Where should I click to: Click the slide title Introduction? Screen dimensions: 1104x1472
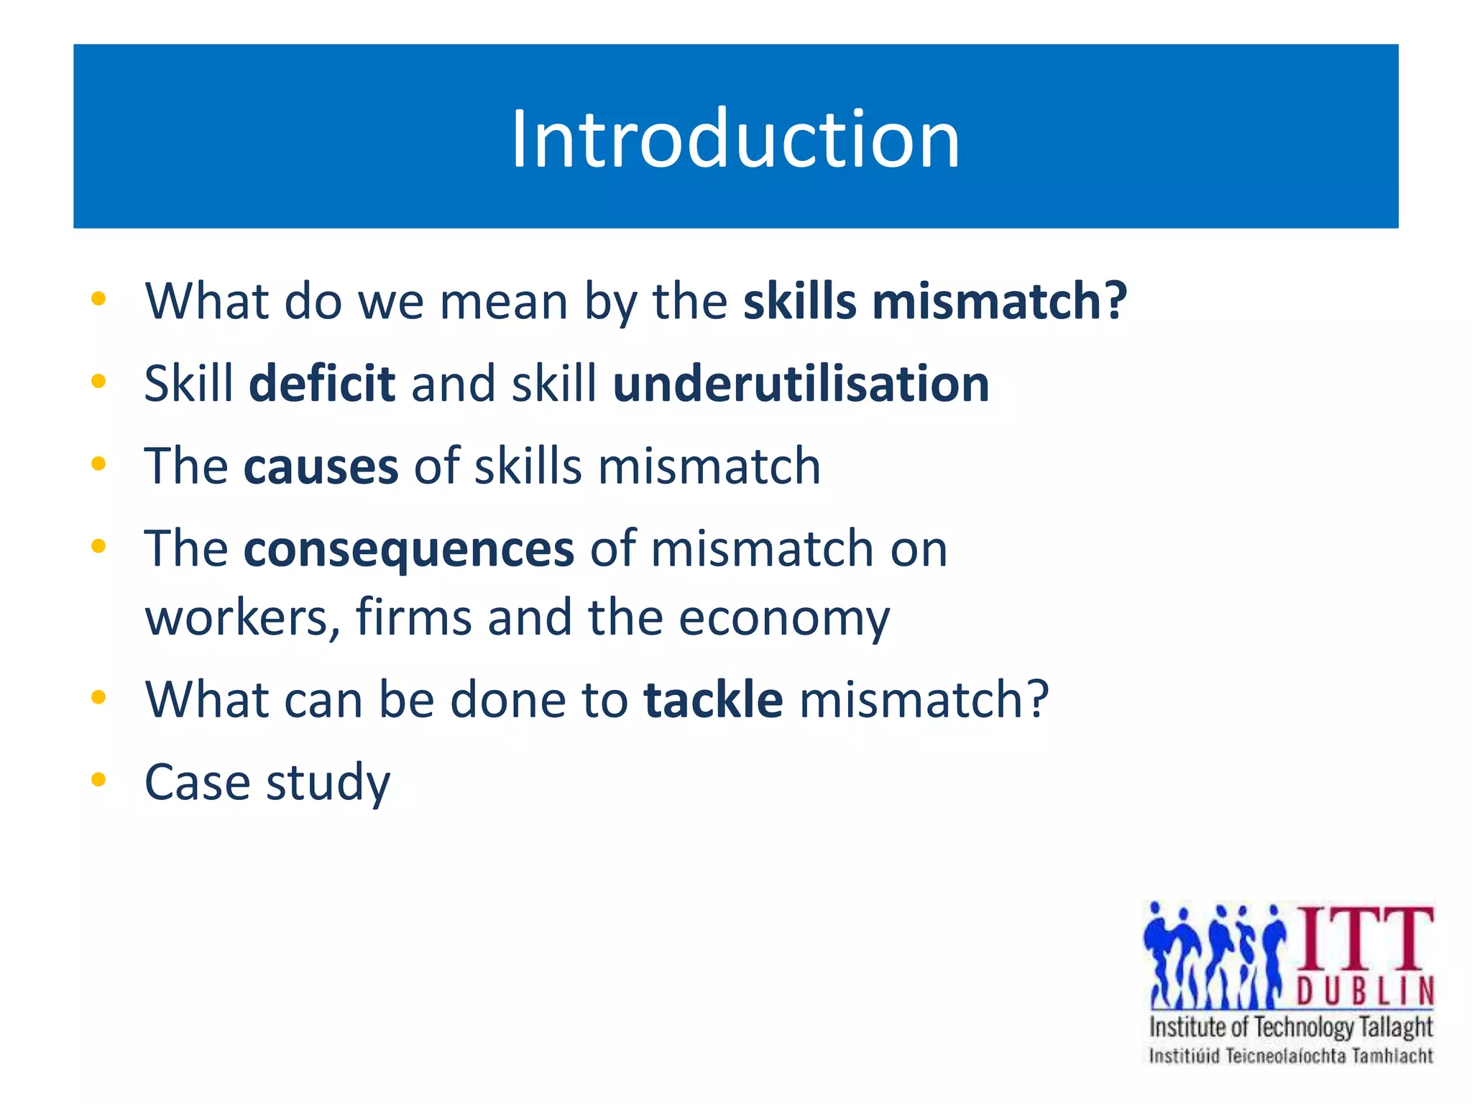735,139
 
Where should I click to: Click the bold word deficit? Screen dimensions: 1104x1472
321,384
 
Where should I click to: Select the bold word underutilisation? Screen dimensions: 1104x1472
801,384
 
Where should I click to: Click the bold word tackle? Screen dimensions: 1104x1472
713,700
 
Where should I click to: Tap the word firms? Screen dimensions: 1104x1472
413,618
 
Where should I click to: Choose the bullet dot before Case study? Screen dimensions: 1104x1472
99,779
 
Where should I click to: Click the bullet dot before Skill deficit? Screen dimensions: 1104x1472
99,381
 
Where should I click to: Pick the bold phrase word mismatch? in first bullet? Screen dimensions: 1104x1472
1000,302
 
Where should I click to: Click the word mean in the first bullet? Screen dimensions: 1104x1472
504,302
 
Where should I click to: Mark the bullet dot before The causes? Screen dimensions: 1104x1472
99,464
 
